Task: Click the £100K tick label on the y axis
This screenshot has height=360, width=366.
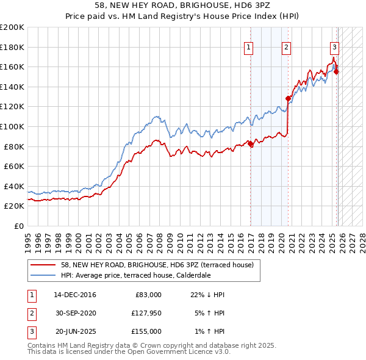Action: (x=12, y=126)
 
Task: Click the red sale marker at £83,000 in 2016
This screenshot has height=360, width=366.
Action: (x=251, y=144)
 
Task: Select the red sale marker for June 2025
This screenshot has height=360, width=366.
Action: (x=337, y=71)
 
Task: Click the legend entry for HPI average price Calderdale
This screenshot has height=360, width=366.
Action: (x=135, y=275)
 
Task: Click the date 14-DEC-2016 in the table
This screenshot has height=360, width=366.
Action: (x=74, y=295)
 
